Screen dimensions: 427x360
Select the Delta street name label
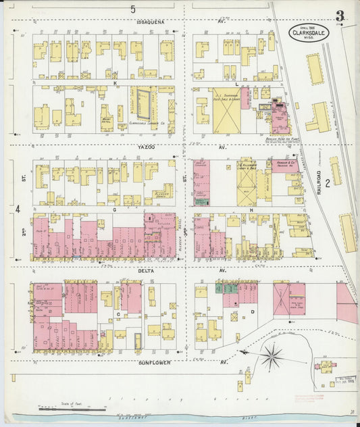tap(146, 270)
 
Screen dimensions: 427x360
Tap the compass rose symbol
tap(273, 353)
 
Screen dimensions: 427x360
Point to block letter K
tap(115, 83)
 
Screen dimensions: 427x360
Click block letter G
tap(115, 209)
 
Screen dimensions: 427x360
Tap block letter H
tap(251, 210)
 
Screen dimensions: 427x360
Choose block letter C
tap(118, 313)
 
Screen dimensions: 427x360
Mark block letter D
tap(253, 311)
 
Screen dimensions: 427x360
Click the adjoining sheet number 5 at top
tap(133, 9)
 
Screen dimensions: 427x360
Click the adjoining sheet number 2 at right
tap(327, 182)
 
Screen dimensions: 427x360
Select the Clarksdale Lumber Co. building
tap(143, 105)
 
